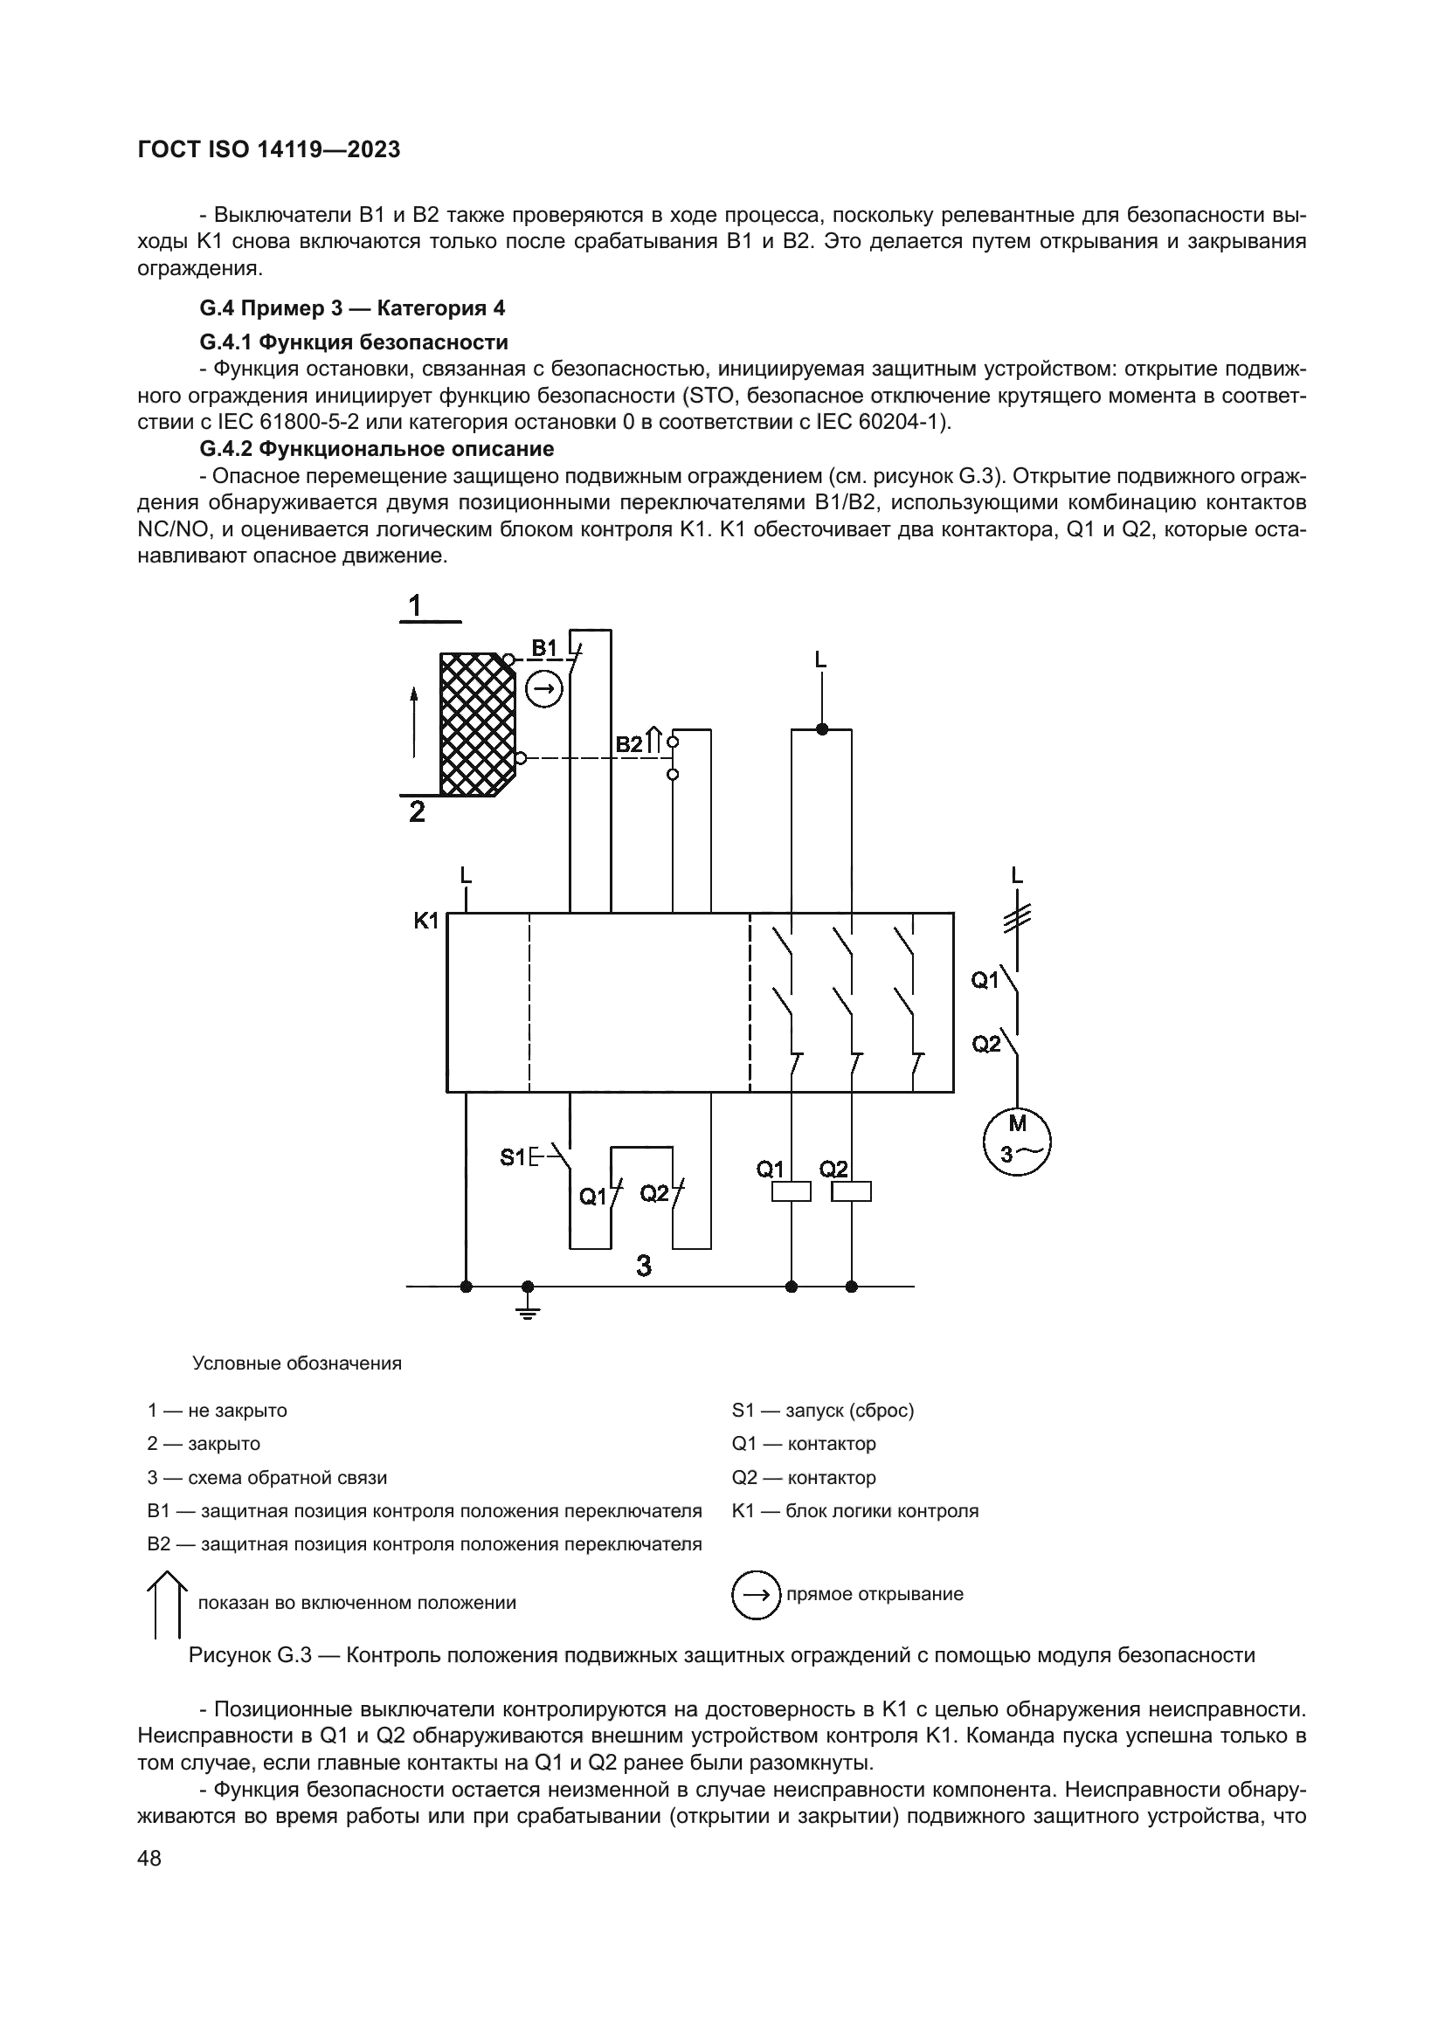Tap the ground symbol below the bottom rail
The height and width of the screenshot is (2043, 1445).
528,1308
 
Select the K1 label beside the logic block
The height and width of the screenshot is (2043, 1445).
426,920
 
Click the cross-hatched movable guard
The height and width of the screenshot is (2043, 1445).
476,724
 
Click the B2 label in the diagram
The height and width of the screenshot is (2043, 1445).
629,744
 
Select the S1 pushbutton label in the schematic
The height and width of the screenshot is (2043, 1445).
513,1156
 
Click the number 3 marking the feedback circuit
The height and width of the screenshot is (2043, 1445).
644,1266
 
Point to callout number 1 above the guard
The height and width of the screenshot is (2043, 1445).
415,606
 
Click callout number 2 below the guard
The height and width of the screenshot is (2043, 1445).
417,812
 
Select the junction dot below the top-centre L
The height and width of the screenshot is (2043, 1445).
821,728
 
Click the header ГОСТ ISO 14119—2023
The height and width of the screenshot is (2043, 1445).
269,149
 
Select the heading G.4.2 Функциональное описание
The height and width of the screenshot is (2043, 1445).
377,448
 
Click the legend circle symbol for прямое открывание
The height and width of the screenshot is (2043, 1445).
755,1594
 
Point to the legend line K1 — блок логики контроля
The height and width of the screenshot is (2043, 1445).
854,1511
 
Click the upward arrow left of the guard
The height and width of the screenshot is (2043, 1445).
414,721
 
